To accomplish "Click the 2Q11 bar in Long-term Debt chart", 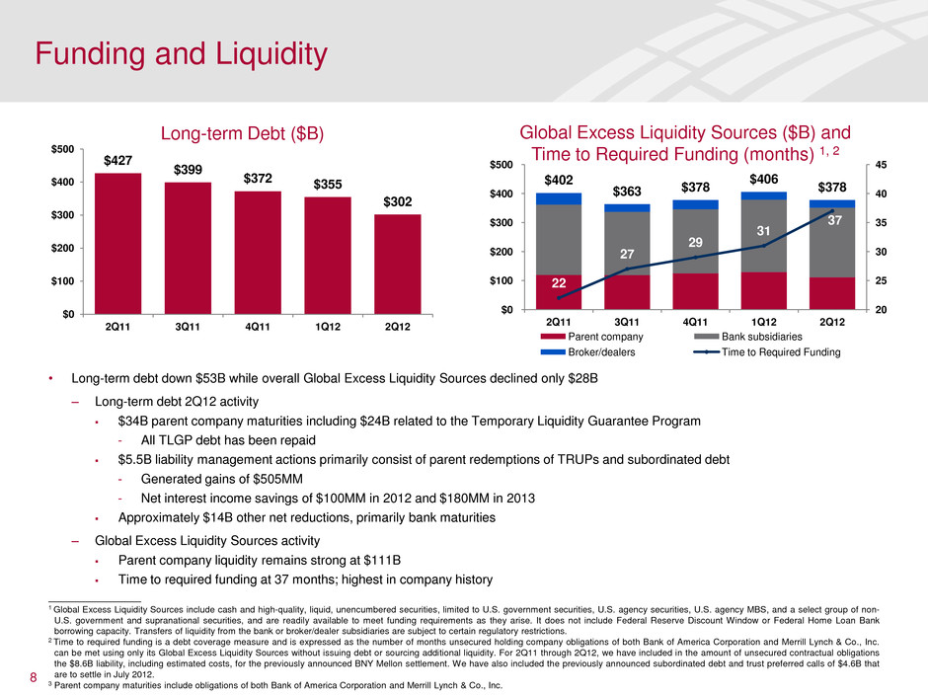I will point(117,243).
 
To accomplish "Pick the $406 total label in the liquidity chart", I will point(763,179).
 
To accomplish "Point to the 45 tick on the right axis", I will point(883,165).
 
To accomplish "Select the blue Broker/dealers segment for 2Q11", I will point(558,198).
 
